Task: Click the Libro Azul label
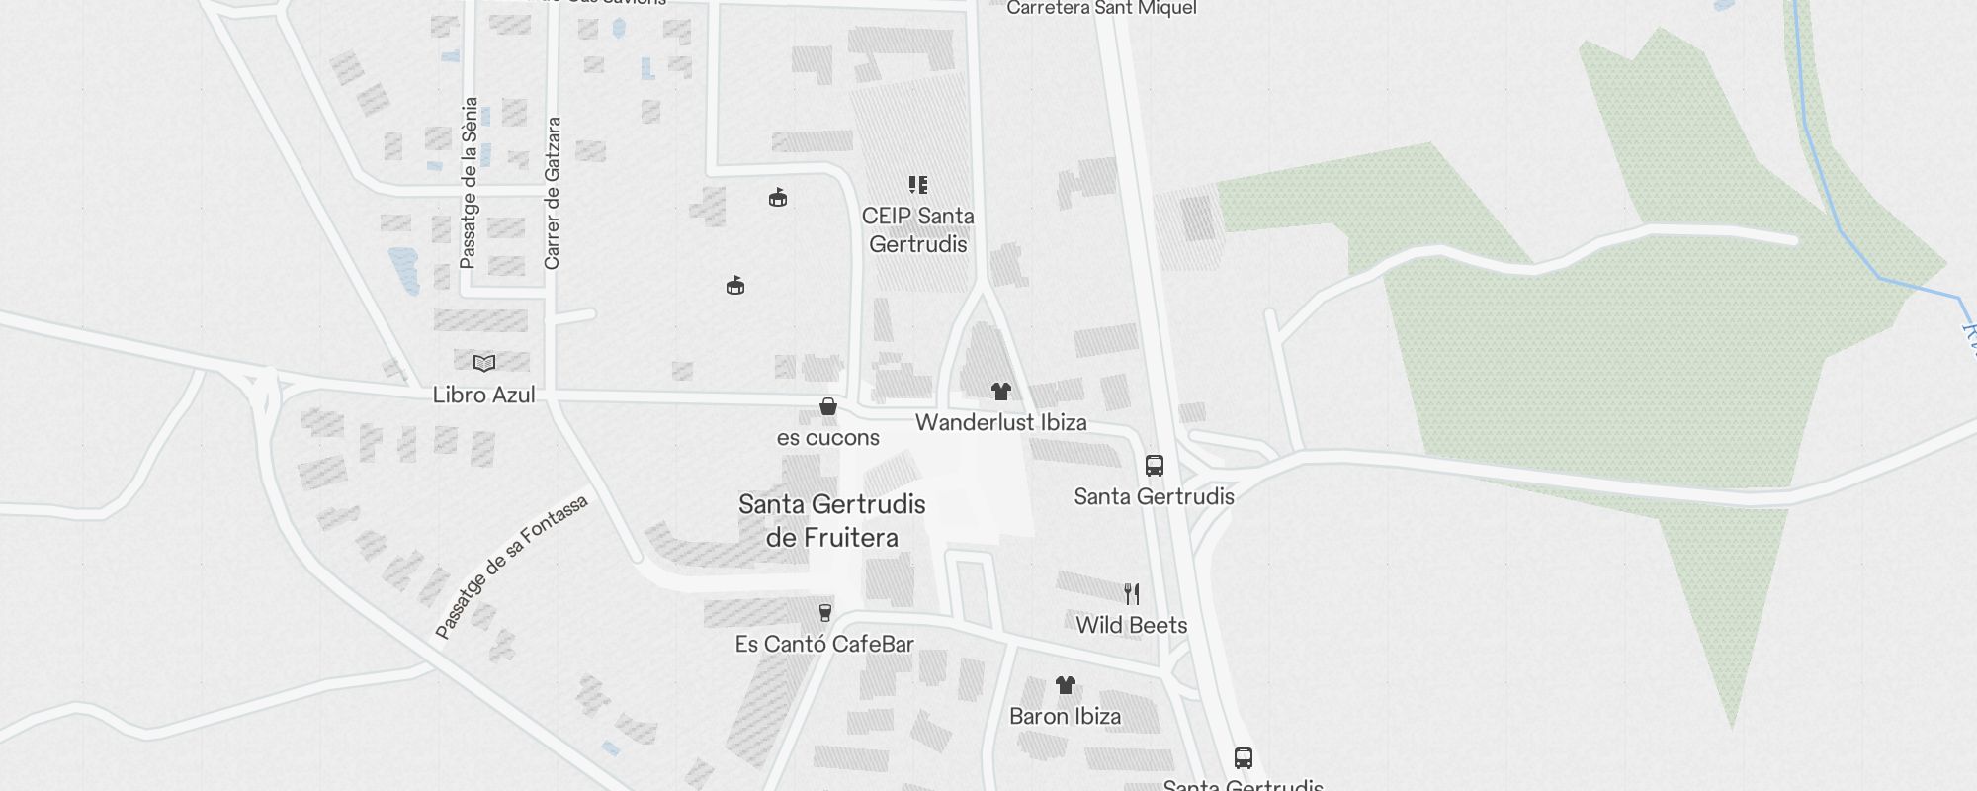click(483, 395)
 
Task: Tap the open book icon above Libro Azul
click(483, 363)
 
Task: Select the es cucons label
click(827, 437)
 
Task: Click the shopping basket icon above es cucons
click(828, 406)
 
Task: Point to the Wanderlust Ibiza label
click(1000, 422)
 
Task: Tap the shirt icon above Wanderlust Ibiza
click(1001, 392)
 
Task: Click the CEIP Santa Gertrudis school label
click(917, 229)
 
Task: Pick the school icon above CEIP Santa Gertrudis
click(918, 185)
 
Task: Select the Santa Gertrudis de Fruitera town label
click(832, 520)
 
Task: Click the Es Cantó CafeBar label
click(824, 644)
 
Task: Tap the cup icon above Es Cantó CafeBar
click(825, 613)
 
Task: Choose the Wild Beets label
click(1131, 625)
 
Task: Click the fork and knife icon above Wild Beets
click(1132, 594)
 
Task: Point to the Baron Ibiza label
click(1065, 716)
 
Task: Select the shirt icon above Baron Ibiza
click(1065, 685)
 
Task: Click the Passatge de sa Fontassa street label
click(511, 567)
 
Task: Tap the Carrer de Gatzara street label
click(553, 193)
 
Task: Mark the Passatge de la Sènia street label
click(470, 183)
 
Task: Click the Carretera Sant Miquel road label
click(1101, 9)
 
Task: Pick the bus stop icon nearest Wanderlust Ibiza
click(1154, 466)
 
